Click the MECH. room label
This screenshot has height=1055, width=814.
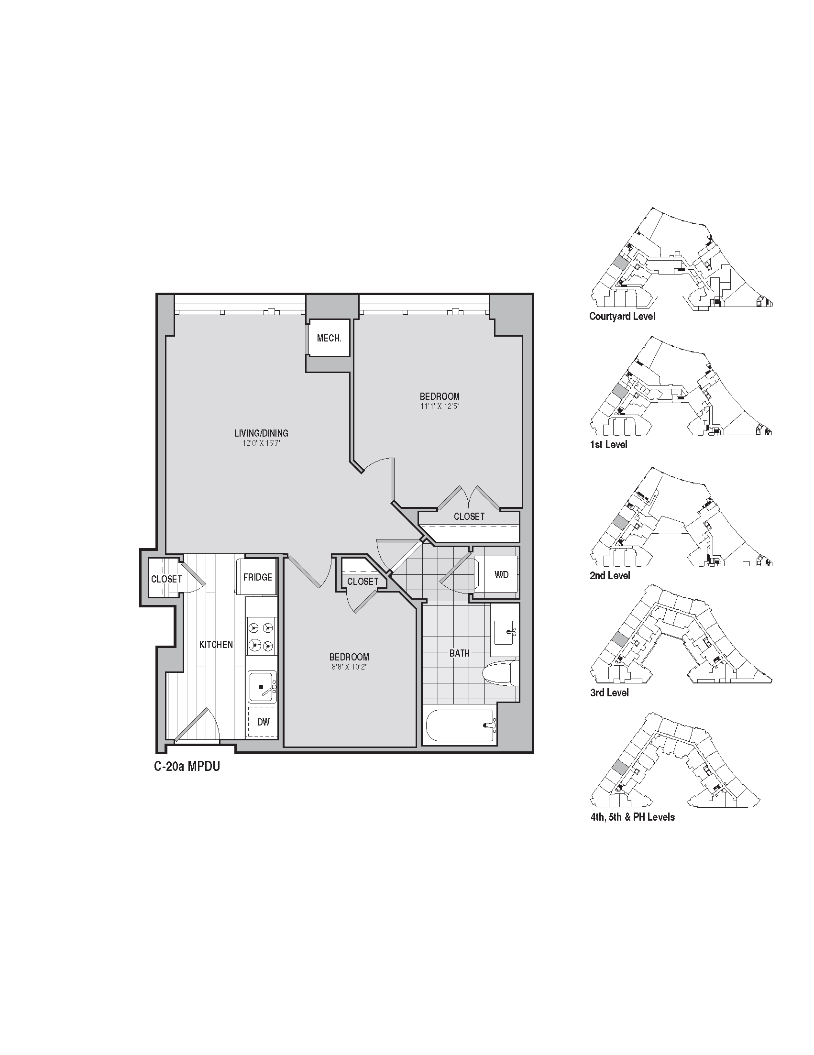[329, 338]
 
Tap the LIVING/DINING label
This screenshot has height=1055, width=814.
[261, 433]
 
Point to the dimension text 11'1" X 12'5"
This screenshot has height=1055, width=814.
[439, 406]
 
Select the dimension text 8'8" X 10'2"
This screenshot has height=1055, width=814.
[349, 667]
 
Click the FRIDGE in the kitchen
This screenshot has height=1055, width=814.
[257, 577]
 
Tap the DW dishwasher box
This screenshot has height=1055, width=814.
[263, 722]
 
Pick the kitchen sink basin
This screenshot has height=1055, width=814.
[262, 686]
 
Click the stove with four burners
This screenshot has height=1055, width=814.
[261, 636]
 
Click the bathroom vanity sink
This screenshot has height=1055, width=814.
[505, 630]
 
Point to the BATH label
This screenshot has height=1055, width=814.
[460, 653]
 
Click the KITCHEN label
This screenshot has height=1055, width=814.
[216, 644]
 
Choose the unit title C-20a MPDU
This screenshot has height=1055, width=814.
[187, 766]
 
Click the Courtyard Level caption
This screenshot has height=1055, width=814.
[622, 317]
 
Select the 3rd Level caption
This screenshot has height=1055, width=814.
[609, 692]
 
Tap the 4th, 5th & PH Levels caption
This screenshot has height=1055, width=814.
[632, 817]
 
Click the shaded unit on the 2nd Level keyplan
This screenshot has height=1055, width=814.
[620, 523]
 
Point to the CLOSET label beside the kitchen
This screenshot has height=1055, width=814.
[166, 579]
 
